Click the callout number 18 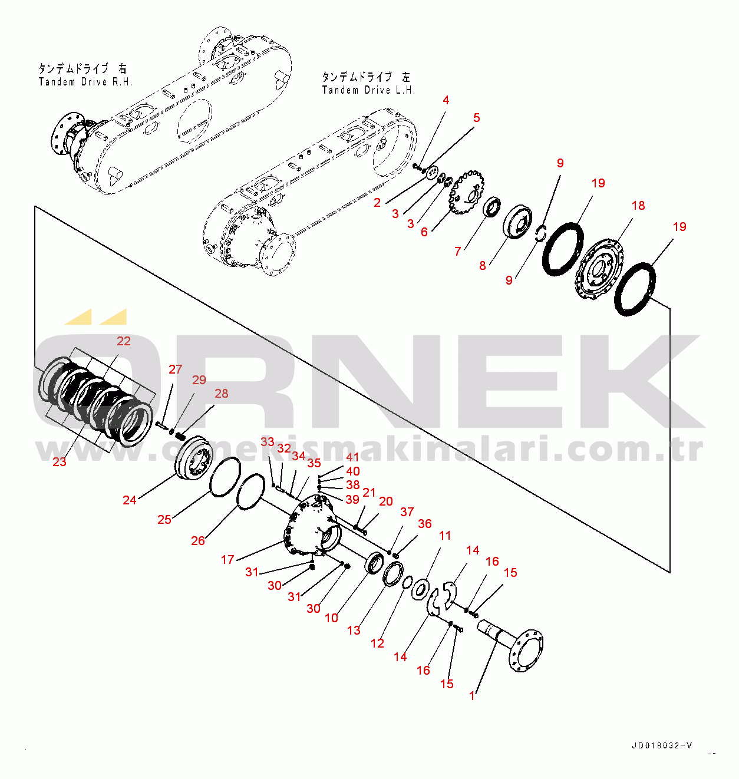(638, 206)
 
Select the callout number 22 (124, 341)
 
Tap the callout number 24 (130, 500)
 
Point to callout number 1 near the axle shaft (472, 696)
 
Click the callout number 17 (227, 560)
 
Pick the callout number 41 (352, 457)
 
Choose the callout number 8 (483, 266)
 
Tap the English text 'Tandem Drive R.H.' (85, 82)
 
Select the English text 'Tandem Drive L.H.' (368, 90)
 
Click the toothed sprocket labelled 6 (467, 192)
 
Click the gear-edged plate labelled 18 (601, 269)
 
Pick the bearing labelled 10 (374, 563)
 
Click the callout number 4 (446, 100)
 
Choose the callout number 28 (222, 394)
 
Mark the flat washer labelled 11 (420, 589)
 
